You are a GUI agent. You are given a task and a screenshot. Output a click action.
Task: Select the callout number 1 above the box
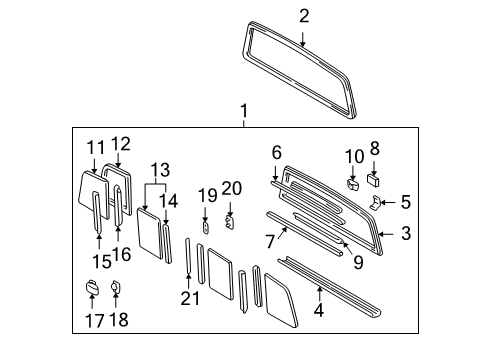pyautogui.click(x=240, y=109)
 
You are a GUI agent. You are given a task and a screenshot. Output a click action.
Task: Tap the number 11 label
pyautogui.click(x=95, y=146)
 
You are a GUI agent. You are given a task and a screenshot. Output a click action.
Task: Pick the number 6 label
pyautogui.click(x=276, y=151)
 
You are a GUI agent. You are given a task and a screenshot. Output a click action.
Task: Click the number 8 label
pyautogui.click(x=375, y=148)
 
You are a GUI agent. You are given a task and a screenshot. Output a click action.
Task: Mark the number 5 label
pyautogui.click(x=405, y=202)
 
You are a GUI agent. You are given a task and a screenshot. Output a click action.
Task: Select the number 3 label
pyautogui.click(x=405, y=234)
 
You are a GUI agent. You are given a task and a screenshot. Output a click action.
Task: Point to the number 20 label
pyautogui.click(x=231, y=187)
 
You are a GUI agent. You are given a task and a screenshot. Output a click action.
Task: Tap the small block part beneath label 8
pyautogui.click(x=374, y=181)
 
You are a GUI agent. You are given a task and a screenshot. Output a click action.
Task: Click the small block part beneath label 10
pyautogui.click(x=353, y=183)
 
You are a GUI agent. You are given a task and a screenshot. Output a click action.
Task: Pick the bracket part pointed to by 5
pyautogui.click(x=375, y=202)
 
